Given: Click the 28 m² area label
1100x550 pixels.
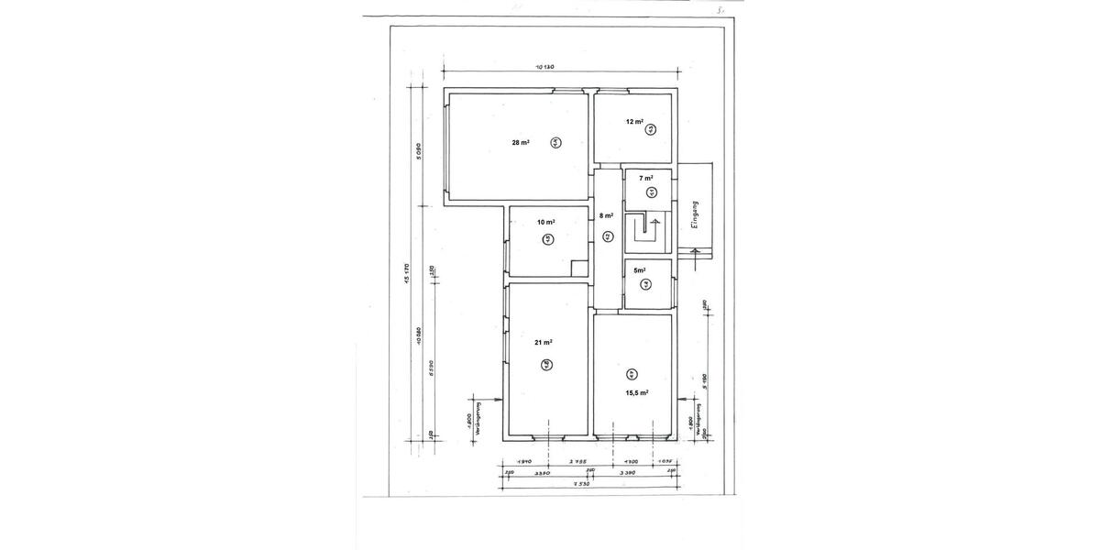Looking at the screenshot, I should coord(521,142).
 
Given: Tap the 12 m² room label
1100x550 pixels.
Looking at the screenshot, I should coord(633,121).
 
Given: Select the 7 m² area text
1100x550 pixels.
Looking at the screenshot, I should coord(646,178).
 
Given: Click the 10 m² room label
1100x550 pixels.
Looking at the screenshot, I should coord(546,222).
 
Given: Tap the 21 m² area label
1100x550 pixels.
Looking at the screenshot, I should coord(543,342).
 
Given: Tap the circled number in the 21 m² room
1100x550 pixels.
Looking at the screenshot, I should coord(546,364).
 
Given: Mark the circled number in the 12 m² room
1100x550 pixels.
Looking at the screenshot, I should coord(650,130).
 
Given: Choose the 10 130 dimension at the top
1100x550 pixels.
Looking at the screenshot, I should coord(546,67).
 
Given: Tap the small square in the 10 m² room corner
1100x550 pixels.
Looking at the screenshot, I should coord(578,268).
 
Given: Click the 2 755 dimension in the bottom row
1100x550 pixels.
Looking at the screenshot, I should coord(578,462).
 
